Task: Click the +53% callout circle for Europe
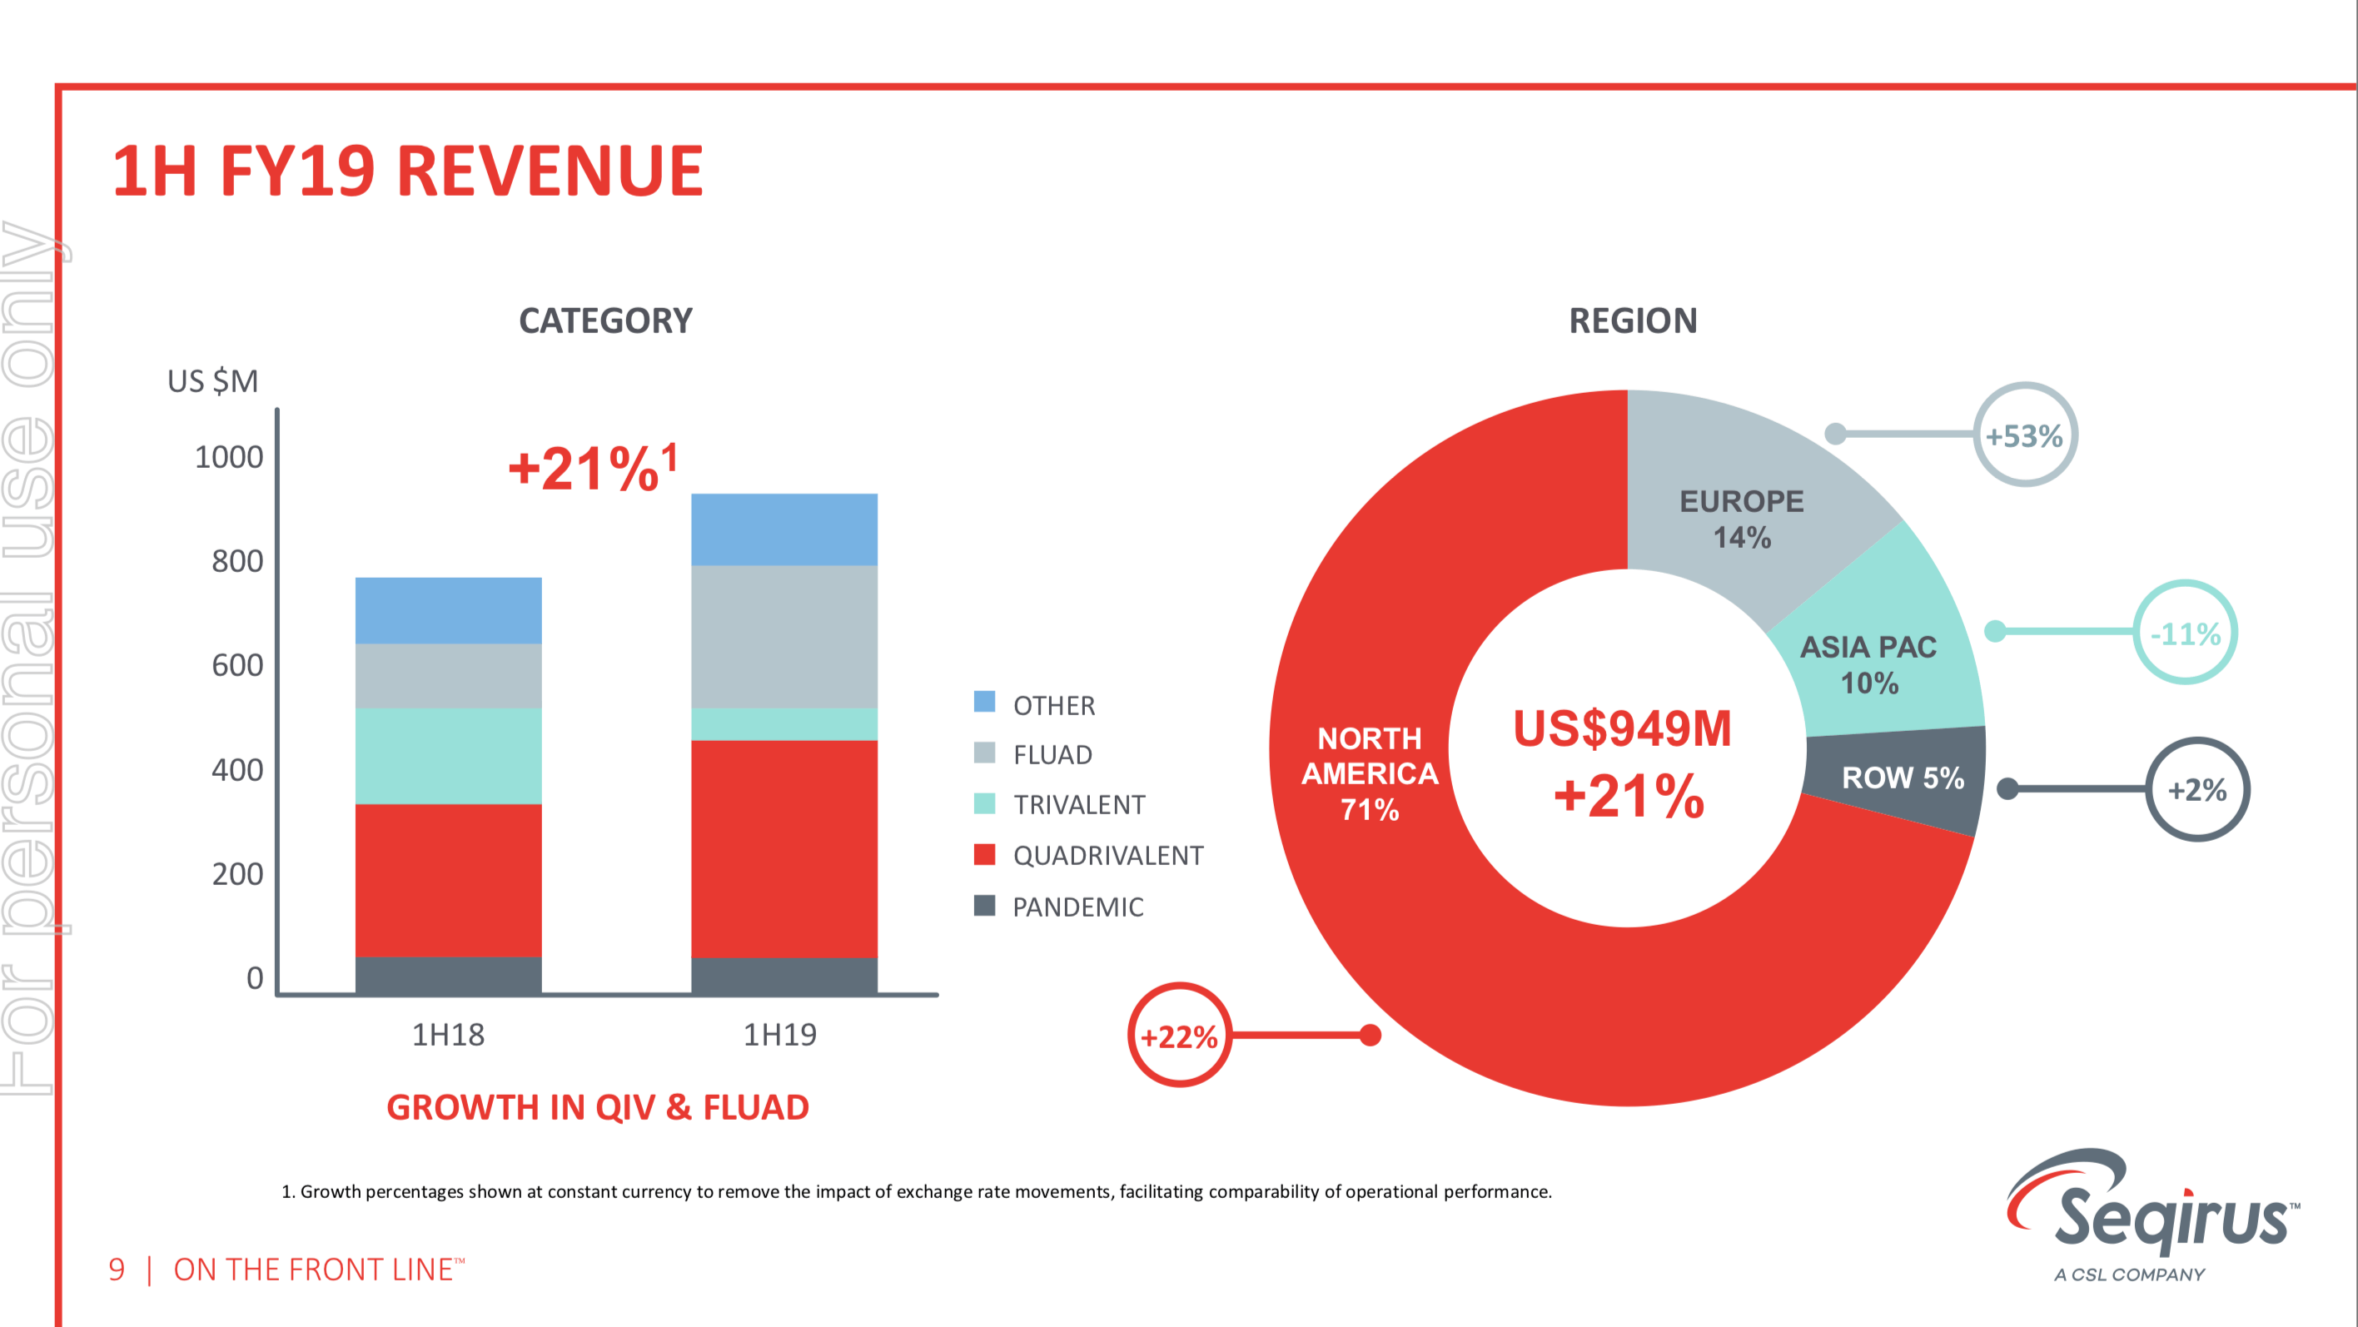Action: [x=2024, y=435]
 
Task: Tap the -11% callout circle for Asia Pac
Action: [x=2185, y=633]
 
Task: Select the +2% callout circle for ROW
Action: [x=2197, y=789]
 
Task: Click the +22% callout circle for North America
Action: [x=1179, y=1035]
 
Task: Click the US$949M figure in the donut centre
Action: [x=1622, y=728]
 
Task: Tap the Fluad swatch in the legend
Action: [x=984, y=753]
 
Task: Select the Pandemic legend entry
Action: [x=1077, y=907]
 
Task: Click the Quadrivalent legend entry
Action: [x=1107, y=856]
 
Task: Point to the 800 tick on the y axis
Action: [x=237, y=561]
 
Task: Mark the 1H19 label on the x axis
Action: [x=780, y=1034]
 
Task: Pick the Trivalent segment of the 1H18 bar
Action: [x=448, y=755]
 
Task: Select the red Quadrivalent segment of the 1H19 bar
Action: [x=784, y=847]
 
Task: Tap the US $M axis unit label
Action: [x=212, y=380]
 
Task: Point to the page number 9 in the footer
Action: [x=117, y=1270]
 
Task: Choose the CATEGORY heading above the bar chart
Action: [x=605, y=321]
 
